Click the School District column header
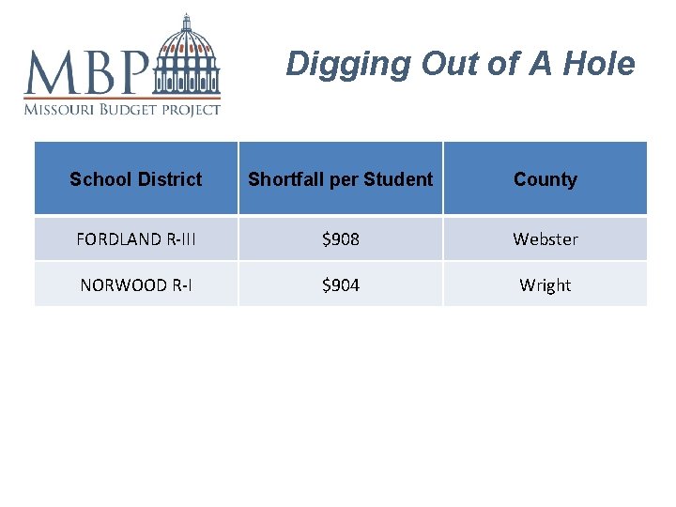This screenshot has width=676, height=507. (x=136, y=179)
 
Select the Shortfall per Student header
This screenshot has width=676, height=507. (x=341, y=179)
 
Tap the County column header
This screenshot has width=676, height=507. (x=545, y=179)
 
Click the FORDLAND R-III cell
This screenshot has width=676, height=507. (x=136, y=239)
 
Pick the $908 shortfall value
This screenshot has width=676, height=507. (x=341, y=239)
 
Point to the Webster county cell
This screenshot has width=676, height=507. (x=545, y=239)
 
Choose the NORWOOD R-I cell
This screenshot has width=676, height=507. (x=136, y=285)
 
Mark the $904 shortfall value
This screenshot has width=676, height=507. (x=341, y=285)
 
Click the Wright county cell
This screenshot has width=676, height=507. (x=545, y=285)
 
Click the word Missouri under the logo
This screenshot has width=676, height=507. (x=59, y=109)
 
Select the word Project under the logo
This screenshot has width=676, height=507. (x=192, y=109)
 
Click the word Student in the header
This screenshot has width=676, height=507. (x=398, y=179)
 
